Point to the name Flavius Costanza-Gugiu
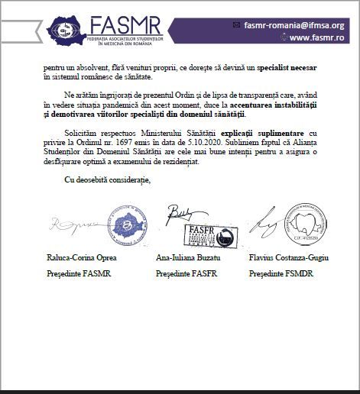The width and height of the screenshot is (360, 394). pyautogui.click(x=289, y=259)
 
